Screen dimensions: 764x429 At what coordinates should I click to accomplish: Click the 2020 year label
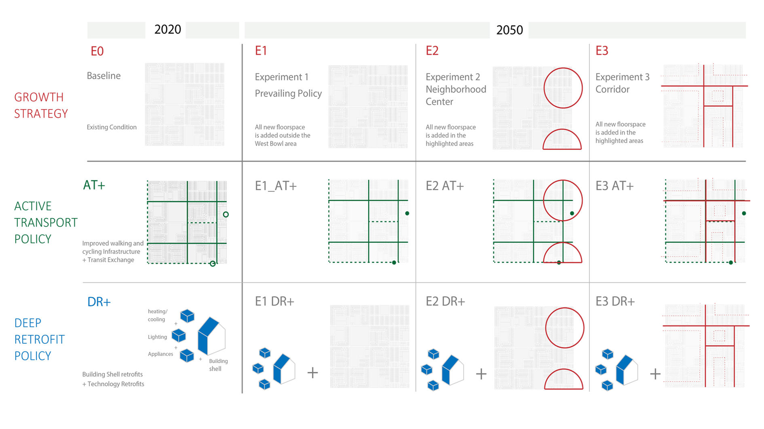pos(168,29)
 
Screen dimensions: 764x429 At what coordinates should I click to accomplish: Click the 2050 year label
pos(509,30)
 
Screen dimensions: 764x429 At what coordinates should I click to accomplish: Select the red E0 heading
pos(97,51)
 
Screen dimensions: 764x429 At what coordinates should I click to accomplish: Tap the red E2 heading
pos(432,50)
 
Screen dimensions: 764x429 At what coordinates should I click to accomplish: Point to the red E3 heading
pos(602,50)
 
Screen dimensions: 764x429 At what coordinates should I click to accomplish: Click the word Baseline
pos(104,76)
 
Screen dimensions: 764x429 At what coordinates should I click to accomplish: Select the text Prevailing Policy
pos(288,93)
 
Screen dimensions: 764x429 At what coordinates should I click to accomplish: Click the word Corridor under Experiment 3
pos(612,89)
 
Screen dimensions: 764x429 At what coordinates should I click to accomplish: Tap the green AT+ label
pos(94,185)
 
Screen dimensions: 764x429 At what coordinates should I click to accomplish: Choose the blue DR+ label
pos(99,302)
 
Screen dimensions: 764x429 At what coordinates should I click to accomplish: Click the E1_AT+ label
pos(276,186)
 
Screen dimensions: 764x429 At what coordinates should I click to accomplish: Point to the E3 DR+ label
pos(615,301)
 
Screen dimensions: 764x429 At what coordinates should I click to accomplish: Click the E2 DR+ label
pos(445,301)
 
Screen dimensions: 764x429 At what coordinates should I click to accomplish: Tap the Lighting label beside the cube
pos(157,337)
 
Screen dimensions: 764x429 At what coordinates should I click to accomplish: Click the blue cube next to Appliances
pos(187,355)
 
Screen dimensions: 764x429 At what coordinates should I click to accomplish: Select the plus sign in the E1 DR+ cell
pos(312,372)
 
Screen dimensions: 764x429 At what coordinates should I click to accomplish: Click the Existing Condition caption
pos(112,127)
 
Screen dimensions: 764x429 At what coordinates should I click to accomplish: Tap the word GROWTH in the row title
pos(39,97)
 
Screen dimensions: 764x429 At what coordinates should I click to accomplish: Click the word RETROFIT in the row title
pos(40,340)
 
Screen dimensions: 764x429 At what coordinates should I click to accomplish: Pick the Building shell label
pos(218,365)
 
